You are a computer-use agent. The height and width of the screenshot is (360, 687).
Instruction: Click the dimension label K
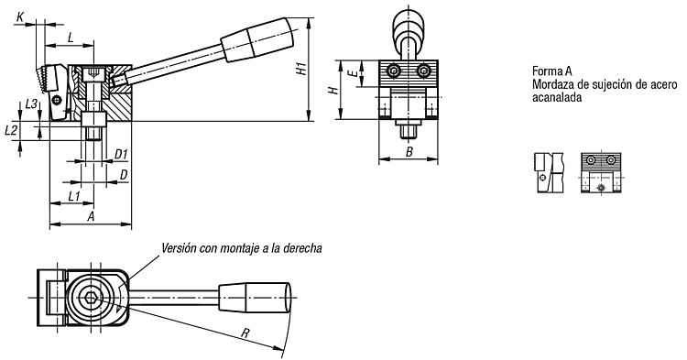[x=20, y=17]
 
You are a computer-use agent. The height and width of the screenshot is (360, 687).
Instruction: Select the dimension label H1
[x=301, y=69]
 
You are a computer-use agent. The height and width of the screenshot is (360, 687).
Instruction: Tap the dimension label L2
[x=11, y=130]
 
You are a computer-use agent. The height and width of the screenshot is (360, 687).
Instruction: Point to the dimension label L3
[x=31, y=104]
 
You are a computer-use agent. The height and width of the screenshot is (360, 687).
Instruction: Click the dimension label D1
[x=121, y=154]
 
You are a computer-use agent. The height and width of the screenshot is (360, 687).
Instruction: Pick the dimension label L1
[x=74, y=196]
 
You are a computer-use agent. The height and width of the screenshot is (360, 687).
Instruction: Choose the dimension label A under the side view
[x=91, y=216]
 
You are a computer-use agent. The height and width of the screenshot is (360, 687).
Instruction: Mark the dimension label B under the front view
[x=409, y=152]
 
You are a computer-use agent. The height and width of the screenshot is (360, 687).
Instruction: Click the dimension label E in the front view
[x=353, y=73]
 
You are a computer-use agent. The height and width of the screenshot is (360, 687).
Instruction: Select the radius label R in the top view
[x=245, y=333]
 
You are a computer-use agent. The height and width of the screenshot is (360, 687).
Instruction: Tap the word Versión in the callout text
[x=178, y=248]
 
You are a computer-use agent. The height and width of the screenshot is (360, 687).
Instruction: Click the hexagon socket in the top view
[x=91, y=298]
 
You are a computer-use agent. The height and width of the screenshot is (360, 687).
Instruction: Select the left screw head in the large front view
[x=394, y=71]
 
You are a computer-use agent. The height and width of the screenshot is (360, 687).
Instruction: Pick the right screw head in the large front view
[x=423, y=71]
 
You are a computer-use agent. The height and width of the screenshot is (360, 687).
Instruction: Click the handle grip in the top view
[x=255, y=298]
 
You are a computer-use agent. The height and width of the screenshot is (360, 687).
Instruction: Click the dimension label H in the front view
[x=333, y=90]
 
